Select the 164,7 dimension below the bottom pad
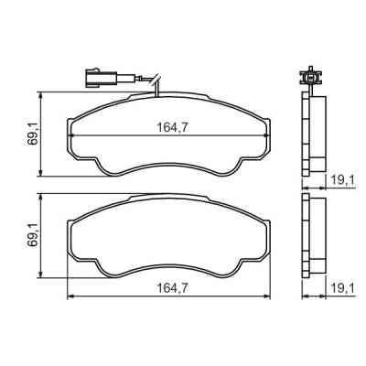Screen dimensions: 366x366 click(169, 287)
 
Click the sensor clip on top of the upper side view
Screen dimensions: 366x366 click(310, 79)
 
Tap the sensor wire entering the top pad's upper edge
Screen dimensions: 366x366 click(156, 91)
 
